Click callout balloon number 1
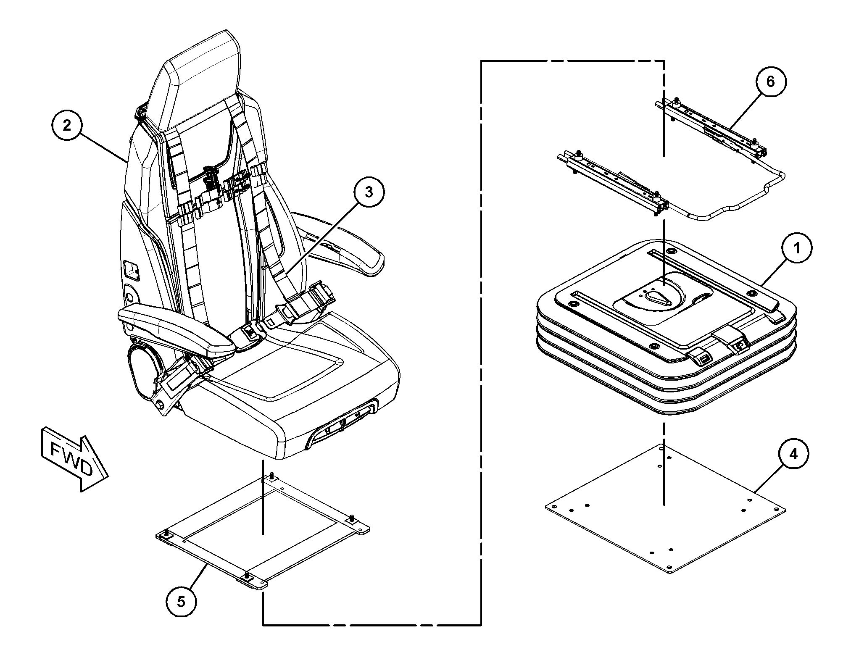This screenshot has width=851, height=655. tap(796, 249)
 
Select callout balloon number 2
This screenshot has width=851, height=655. tap(67, 125)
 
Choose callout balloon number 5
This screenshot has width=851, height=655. tap(181, 602)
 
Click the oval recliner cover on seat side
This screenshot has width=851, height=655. tap(143, 370)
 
